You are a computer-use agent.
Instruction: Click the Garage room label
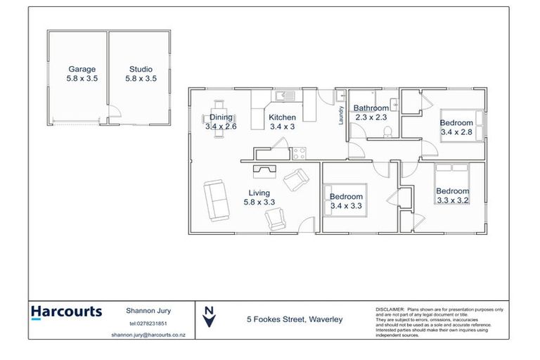82,70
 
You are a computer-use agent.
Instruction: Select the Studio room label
141,70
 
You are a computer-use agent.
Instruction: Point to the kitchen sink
286,96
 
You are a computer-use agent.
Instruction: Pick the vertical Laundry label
341,115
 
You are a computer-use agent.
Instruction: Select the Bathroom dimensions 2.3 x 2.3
371,117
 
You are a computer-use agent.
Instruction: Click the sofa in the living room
215,199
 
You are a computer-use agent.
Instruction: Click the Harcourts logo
67,312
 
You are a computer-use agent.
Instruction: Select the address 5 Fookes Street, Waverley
294,319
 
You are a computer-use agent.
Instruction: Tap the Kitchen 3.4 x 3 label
283,122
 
